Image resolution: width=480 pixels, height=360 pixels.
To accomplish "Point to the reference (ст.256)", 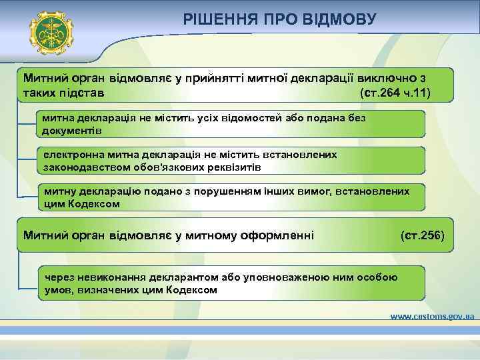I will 426,235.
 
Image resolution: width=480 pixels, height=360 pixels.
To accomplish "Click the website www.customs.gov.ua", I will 431,317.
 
